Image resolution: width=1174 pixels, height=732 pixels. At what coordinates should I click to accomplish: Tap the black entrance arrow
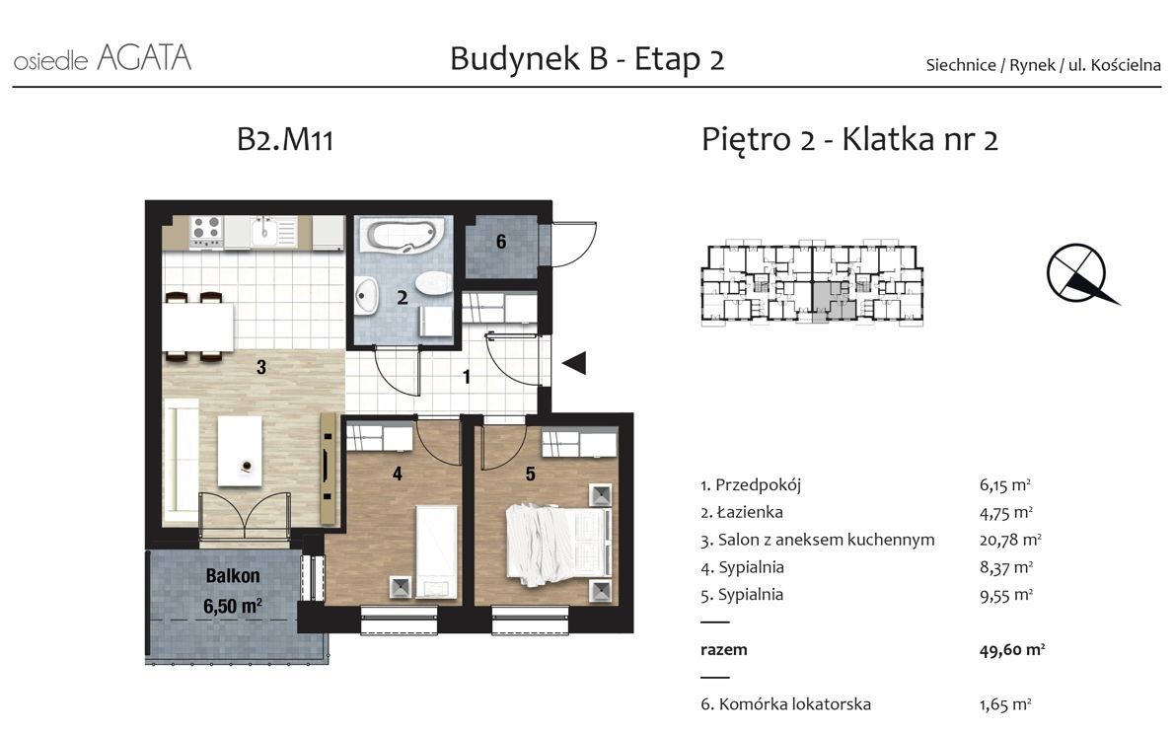[x=574, y=363]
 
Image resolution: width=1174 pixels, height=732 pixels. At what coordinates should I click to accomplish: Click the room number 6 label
[x=501, y=242]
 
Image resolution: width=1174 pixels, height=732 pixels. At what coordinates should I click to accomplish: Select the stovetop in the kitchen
[x=206, y=232]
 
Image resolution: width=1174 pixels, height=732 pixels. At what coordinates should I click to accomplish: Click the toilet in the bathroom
[x=432, y=283]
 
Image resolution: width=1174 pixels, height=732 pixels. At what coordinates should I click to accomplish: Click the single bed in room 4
[x=436, y=551]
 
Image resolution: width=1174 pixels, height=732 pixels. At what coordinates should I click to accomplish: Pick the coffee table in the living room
[x=240, y=451]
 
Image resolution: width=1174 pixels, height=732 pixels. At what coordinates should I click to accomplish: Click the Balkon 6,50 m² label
[x=233, y=591]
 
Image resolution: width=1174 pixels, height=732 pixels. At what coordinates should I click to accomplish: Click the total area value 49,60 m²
[x=1011, y=650]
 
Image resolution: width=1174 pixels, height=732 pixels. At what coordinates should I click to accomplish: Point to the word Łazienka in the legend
[x=750, y=513]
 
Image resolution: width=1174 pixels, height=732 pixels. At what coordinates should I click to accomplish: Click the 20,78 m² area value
[x=1010, y=540]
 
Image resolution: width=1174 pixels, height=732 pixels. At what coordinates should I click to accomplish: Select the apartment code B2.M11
[x=284, y=140]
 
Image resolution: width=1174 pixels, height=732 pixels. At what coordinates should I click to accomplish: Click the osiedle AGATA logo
[x=103, y=58]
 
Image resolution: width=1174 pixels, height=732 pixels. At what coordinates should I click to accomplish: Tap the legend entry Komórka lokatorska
[x=794, y=704]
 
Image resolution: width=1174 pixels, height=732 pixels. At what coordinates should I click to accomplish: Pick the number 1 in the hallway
[x=467, y=377]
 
